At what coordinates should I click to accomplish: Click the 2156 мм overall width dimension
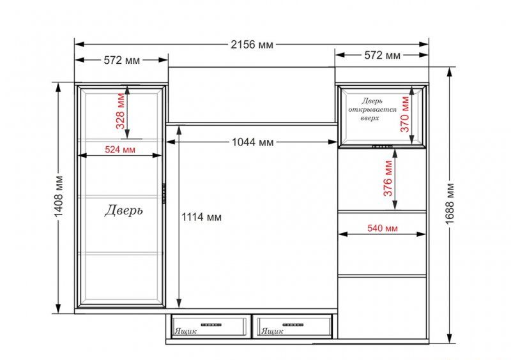252,44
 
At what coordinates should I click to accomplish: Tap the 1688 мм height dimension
450,204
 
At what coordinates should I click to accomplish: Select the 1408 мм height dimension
59,197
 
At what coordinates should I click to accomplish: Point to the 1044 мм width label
252,142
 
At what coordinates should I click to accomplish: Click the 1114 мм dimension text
201,217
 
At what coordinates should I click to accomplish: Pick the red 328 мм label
120,111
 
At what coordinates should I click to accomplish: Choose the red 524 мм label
120,149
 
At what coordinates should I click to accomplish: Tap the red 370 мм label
404,114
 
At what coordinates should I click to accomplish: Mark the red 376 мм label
388,178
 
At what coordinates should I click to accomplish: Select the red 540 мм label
383,228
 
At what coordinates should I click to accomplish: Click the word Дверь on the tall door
123,210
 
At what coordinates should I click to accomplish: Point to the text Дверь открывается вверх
372,109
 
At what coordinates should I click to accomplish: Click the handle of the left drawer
211,325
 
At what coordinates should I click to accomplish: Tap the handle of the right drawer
293,325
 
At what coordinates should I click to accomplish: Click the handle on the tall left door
164,193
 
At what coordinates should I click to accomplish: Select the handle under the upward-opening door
382,147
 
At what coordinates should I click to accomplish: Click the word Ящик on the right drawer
272,331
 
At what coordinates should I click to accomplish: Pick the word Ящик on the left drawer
185,331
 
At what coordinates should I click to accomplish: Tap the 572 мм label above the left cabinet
121,60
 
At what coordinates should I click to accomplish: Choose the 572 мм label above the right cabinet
382,55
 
